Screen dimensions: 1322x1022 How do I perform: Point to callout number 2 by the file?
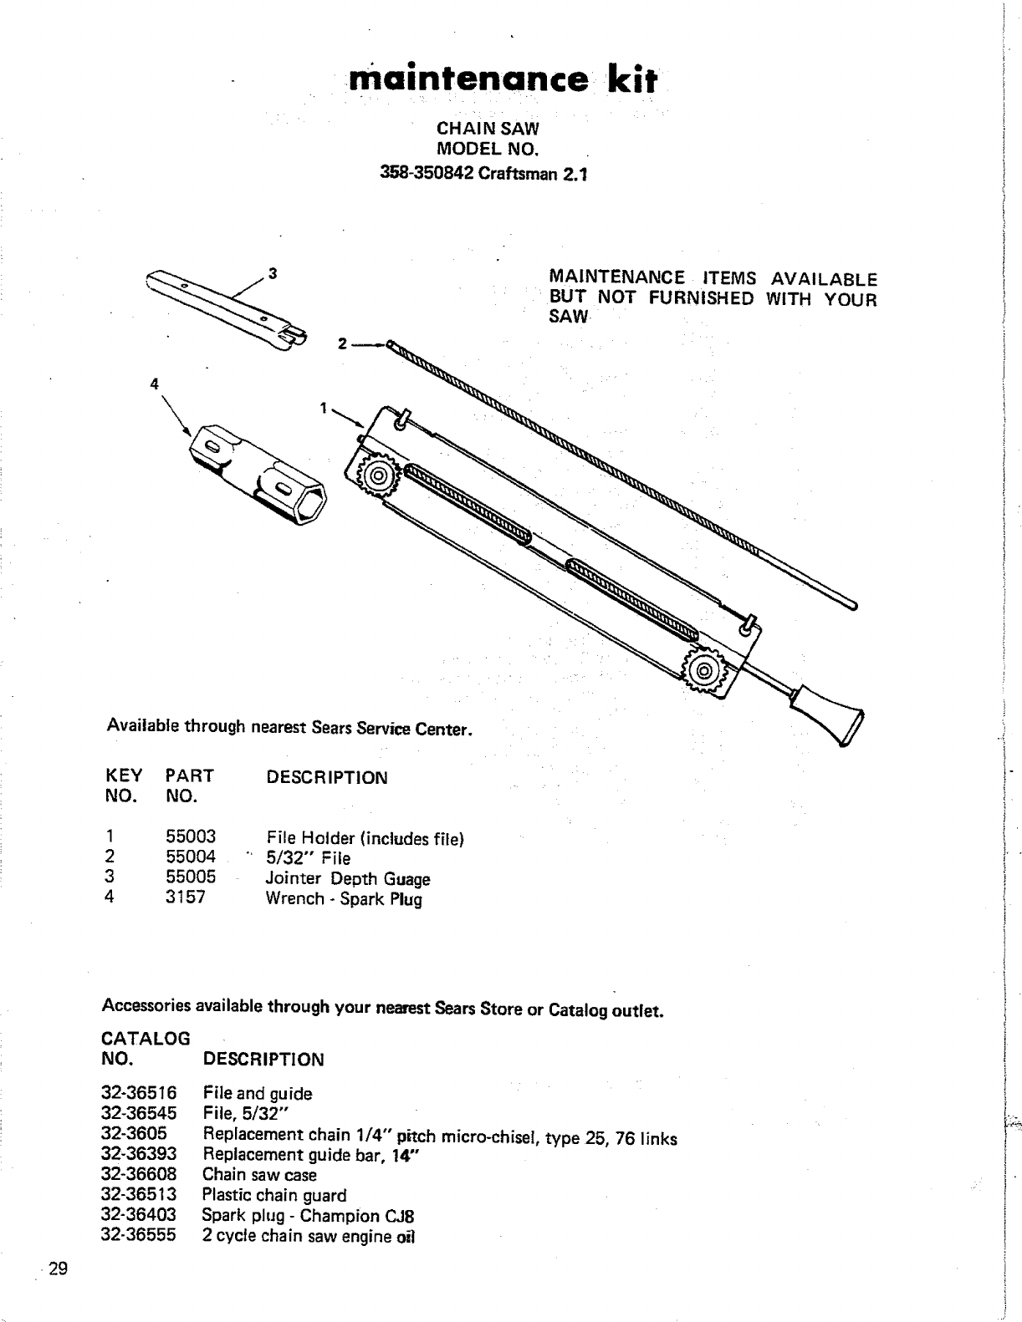(342, 343)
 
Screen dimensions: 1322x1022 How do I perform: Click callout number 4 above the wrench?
(154, 384)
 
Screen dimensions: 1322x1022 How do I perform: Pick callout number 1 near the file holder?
(323, 408)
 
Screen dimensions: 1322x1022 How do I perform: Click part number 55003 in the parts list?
(191, 837)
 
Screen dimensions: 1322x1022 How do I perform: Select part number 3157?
(186, 898)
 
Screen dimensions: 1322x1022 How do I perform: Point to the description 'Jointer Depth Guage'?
(348, 878)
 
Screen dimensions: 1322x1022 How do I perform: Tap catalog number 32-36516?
(139, 1093)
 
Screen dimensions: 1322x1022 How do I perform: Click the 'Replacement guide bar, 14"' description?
(311, 1155)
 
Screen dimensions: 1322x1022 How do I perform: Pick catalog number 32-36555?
(139, 1235)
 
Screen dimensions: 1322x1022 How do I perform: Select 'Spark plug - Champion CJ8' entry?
(309, 1215)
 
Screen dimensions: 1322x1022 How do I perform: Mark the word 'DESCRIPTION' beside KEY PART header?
(327, 777)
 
